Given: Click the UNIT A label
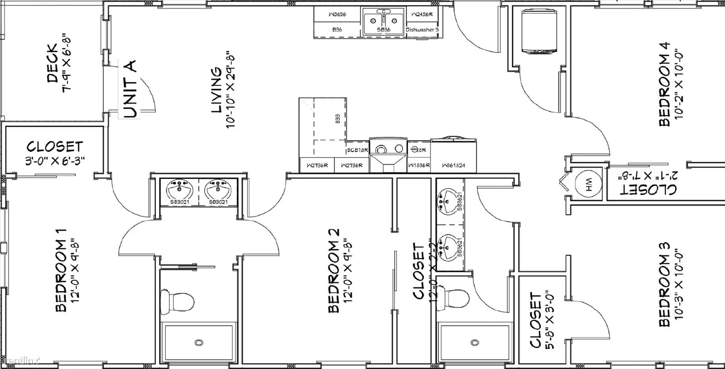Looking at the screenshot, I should [x=130, y=89].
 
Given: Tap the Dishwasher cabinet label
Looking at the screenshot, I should [x=422, y=30].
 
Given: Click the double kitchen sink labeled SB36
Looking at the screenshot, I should [x=383, y=21].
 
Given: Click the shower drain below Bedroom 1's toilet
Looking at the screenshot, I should [x=198, y=343].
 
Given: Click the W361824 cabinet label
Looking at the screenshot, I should [x=454, y=166].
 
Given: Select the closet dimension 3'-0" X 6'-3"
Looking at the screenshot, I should [x=55, y=161].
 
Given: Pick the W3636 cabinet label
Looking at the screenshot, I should [x=337, y=14].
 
